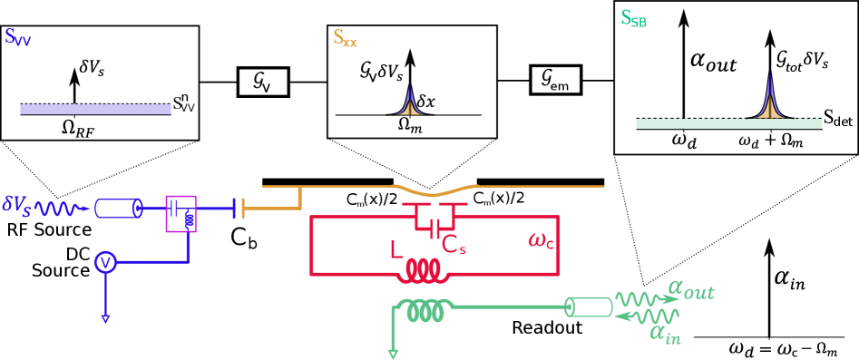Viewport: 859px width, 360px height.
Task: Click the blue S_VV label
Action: pos(17,38)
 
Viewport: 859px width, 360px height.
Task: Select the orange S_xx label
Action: pos(345,39)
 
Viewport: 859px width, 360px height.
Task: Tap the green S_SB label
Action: pos(633,19)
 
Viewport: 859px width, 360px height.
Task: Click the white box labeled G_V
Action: pos(263,83)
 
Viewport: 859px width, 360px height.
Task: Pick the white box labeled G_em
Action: pos(555,80)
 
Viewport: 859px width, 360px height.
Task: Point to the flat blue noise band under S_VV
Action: pos(95,109)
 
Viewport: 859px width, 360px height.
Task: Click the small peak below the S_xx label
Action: pos(410,103)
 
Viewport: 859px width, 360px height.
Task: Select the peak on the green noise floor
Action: pos(769,101)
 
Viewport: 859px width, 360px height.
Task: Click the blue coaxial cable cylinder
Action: pos(119,209)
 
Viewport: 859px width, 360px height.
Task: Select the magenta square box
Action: pos(181,213)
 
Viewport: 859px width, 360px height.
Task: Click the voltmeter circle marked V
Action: pos(106,262)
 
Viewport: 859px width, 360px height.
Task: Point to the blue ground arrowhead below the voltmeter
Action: pos(105,318)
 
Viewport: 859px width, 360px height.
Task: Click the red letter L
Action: pos(395,250)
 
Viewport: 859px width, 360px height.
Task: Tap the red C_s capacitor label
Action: pos(454,245)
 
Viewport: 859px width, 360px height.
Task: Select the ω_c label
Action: pos(541,240)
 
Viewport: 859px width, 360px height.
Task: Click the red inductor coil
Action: pos(424,269)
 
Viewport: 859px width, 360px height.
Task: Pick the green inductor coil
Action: pos(425,311)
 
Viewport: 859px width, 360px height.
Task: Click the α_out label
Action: pos(691,289)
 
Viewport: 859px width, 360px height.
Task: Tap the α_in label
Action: pos(665,333)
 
